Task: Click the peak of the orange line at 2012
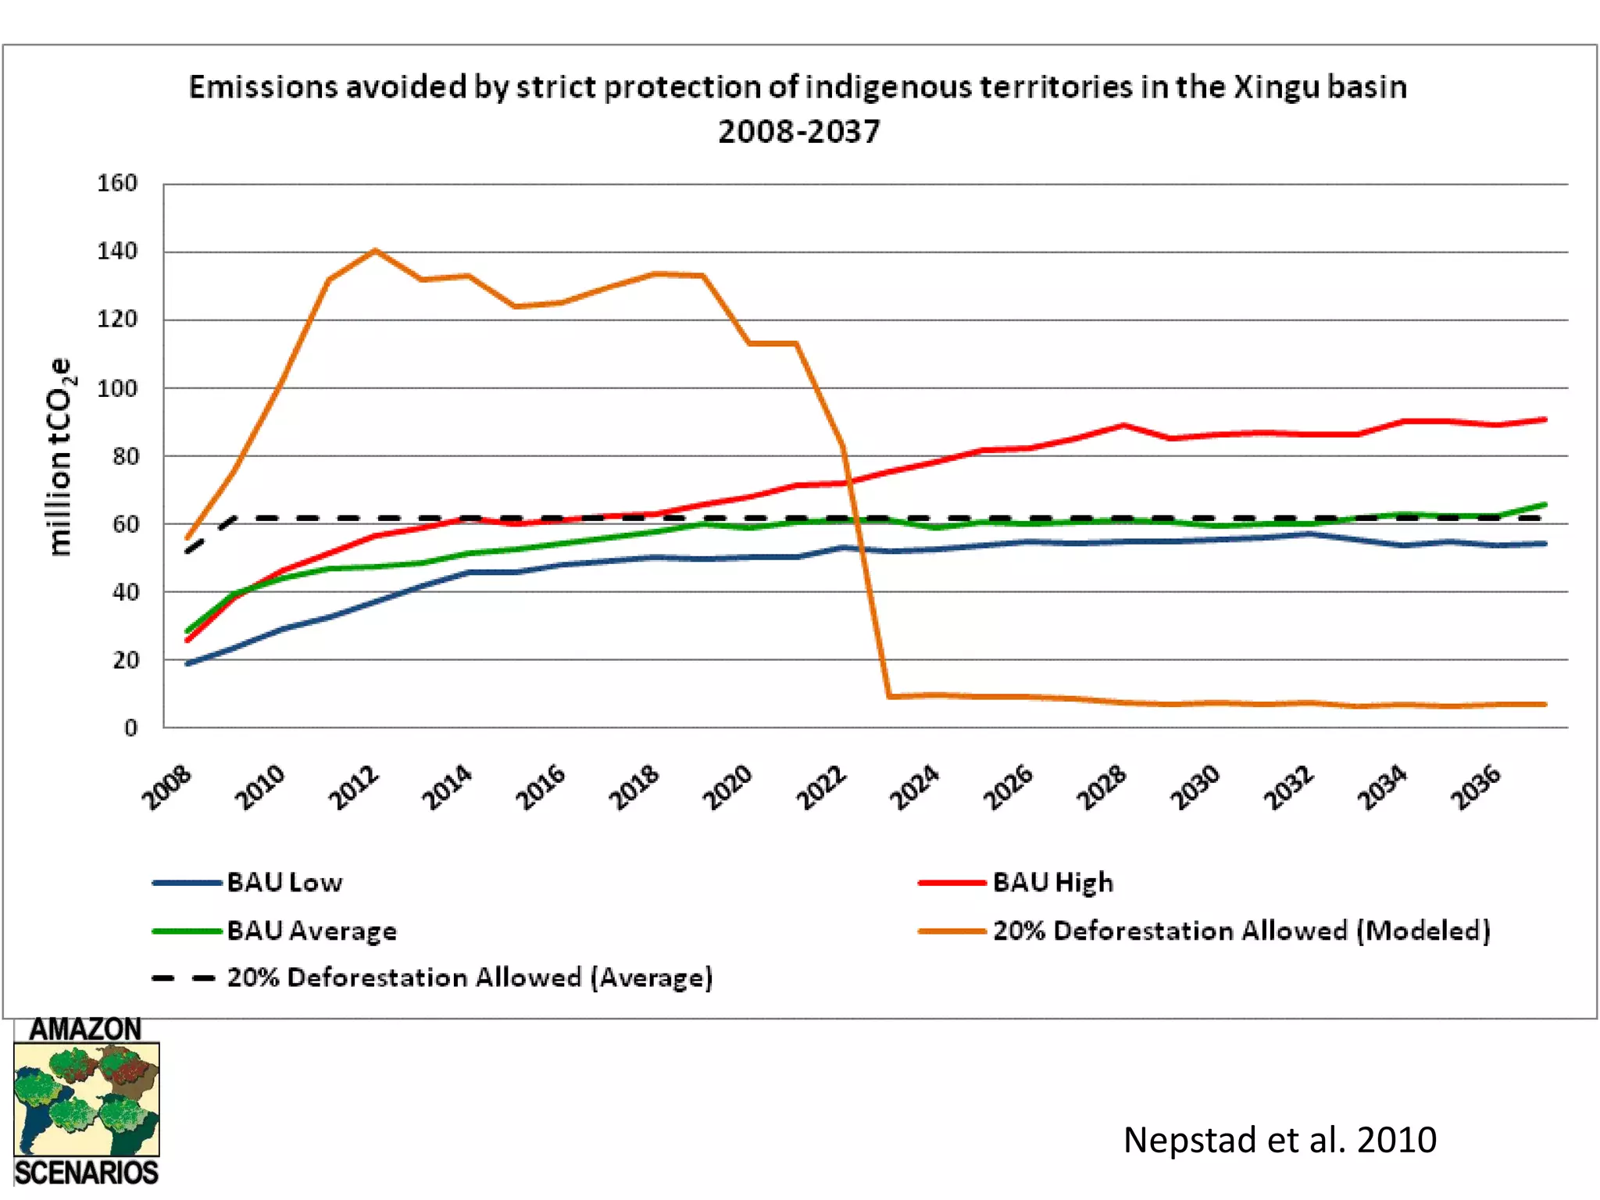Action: [x=375, y=251]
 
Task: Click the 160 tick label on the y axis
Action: [x=117, y=183]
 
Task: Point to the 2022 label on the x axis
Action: [x=821, y=787]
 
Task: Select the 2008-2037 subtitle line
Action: [x=798, y=131]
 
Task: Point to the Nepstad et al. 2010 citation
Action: [x=1279, y=1139]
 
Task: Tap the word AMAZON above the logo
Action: [x=85, y=1029]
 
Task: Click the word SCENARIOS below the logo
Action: [x=86, y=1173]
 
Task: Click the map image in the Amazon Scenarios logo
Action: [x=86, y=1100]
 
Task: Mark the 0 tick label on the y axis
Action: [x=130, y=728]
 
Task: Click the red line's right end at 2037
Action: [x=1545, y=420]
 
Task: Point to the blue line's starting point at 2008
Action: [x=187, y=663]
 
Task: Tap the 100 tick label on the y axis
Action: [x=117, y=388]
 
